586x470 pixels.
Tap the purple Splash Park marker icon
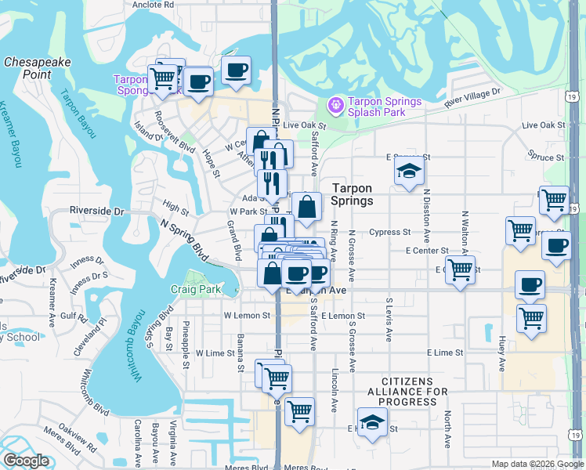pyautogui.click(x=336, y=104)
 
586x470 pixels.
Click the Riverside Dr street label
pyautogui.click(x=97, y=211)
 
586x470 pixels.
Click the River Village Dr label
pyautogui.click(x=472, y=98)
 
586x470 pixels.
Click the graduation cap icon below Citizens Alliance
pyautogui.click(x=372, y=421)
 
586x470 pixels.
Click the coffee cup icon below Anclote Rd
pyautogui.click(x=237, y=70)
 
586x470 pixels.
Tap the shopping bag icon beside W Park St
pyautogui.click(x=307, y=208)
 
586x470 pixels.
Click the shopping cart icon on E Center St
pyautogui.click(x=461, y=270)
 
